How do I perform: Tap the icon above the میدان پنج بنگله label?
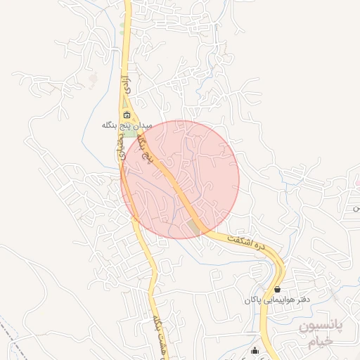click(x=127, y=115)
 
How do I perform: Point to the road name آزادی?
click(x=126, y=85)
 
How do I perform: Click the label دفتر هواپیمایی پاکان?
click(x=277, y=300)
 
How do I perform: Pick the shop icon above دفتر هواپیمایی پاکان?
click(x=277, y=290)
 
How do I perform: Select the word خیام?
click(x=319, y=343)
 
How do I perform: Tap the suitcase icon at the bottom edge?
click(x=255, y=351)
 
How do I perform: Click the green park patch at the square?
click(x=131, y=133)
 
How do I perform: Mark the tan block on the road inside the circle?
click(x=193, y=226)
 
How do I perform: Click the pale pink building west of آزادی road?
click(x=92, y=79)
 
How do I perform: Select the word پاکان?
click(x=252, y=300)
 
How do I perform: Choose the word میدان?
click(x=143, y=124)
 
